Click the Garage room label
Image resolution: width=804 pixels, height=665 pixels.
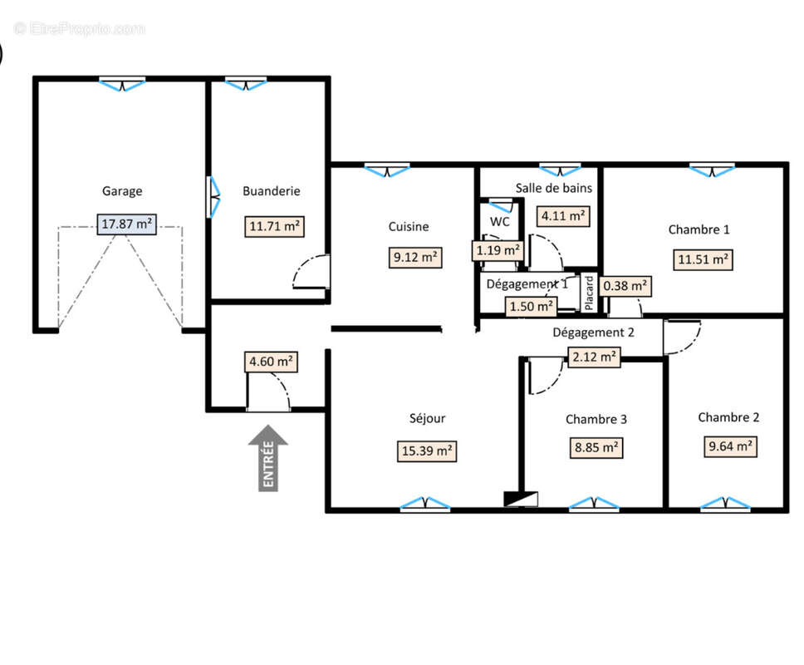pyautogui.click(x=122, y=191)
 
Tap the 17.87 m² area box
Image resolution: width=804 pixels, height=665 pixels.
pyautogui.click(x=126, y=224)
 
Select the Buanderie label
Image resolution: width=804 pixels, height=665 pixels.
pyautogui.click(x=272, y=191)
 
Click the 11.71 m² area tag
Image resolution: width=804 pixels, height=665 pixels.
pyautogui.click(x=274, y=226)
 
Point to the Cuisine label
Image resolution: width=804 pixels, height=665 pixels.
pyautogui.click(x=408, y=226)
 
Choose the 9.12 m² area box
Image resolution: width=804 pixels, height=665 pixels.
pyautogui.click(x=415, y=257)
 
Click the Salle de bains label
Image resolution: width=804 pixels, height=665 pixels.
pyautogui.click(x=554, y=189)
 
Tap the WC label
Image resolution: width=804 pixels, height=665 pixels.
pyautogui.click(x=499, y=222)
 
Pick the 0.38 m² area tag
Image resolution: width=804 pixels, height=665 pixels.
pyautogui.click(x=625, y=286)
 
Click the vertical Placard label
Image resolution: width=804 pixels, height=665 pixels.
pyautogui.click(x=589, y=293)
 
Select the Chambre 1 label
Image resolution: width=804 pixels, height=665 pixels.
pyautogui.click(x=699, y=229)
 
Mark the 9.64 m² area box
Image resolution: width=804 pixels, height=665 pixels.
pyautogui.click(x=730, y=446)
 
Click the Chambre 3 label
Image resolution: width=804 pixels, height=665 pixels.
pyautogui.click(x=596, y=419)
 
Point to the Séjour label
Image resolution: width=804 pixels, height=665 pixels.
pyautogui.click(x=427, y=418)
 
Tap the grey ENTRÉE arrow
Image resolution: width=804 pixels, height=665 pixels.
pyautogui.click(x=268, y=458)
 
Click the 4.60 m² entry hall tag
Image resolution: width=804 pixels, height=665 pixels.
pyautogui.click(x=271, y=362)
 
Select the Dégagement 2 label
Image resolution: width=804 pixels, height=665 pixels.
pyautogui.click(x=593, y=332)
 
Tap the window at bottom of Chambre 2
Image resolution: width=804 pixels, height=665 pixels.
pyautogui.click(x=725, y=504)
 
